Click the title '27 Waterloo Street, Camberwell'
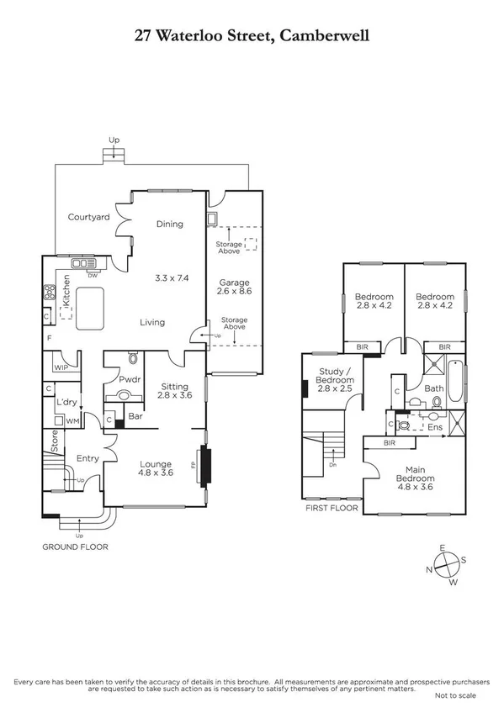(252, 36)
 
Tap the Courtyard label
(89, 217)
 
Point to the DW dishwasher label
(93, 275)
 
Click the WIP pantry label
(60, 367)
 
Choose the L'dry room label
(67, 403)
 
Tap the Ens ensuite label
(435, 426)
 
